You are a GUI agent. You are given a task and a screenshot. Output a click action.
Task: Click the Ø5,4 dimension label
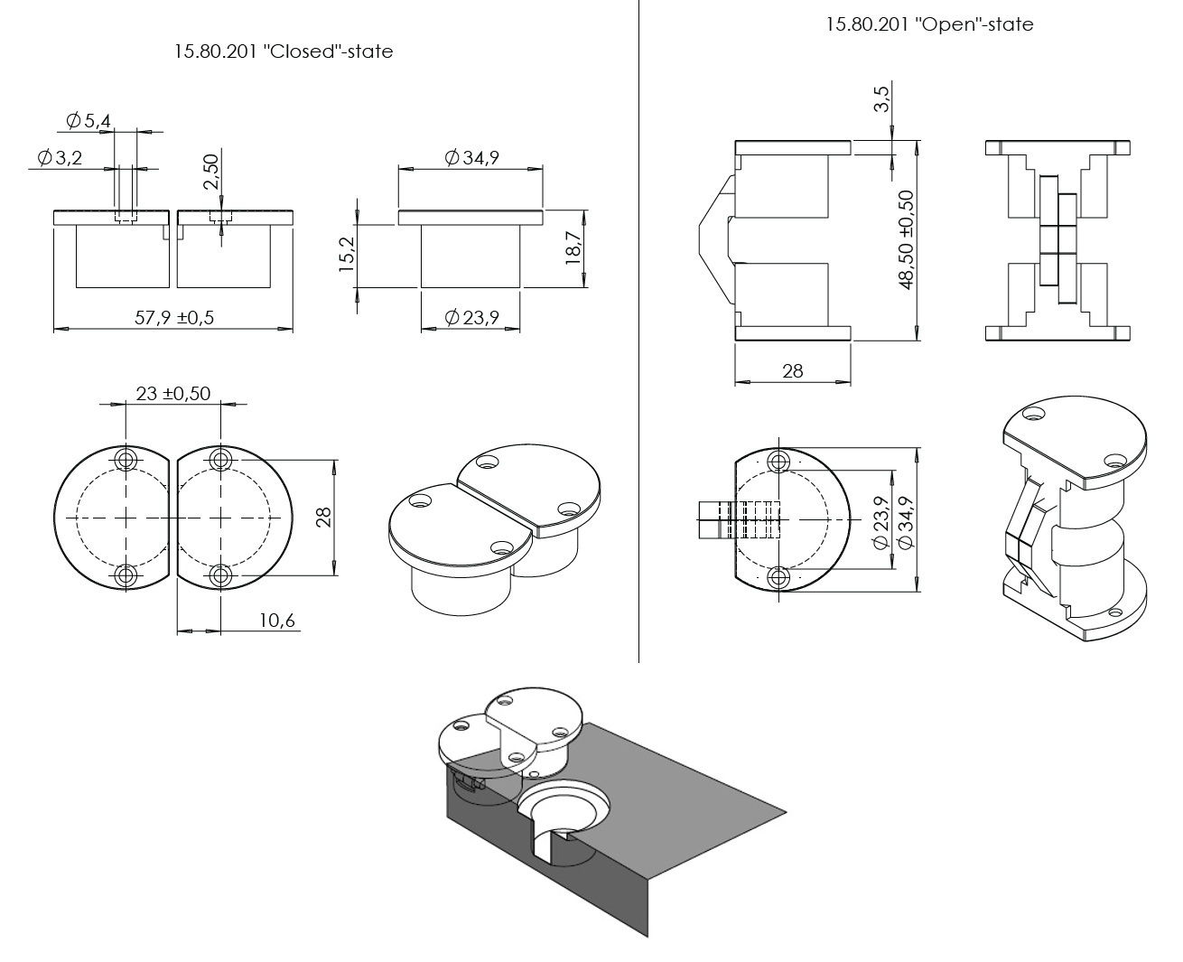tap(88, 120)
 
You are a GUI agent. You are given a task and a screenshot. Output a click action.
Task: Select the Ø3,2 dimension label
tap(61, 158)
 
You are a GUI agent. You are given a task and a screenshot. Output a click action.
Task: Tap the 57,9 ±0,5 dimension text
tap(174, 317)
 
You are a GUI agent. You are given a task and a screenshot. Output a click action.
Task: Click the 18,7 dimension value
tap(573, 247)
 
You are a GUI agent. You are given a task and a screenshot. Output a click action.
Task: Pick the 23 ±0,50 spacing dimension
tap(173, 393)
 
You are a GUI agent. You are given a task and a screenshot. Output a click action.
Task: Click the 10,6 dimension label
tap(278, 621)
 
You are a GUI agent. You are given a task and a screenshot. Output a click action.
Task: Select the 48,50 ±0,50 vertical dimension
tap(907, 239)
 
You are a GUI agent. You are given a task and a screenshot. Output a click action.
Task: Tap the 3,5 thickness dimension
tap(882, 97)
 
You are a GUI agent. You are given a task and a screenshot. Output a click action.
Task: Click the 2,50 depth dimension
tap(211, 171)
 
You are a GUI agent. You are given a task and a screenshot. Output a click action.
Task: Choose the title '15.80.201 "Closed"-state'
tap(284, 51)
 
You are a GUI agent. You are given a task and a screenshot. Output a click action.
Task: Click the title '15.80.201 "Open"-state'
tap(929, 24)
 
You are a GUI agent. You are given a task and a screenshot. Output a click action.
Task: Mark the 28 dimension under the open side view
tap(792, 371)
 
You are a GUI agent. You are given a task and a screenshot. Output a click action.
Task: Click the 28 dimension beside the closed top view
tap(324, 517)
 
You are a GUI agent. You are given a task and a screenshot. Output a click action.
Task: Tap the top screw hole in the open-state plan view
tap(778, 462)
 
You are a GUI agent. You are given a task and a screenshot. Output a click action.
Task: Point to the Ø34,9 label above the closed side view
tap(471, 158)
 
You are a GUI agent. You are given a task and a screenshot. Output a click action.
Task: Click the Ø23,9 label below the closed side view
tap(471, 317)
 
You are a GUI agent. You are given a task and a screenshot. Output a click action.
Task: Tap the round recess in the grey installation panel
tap(566, 803)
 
